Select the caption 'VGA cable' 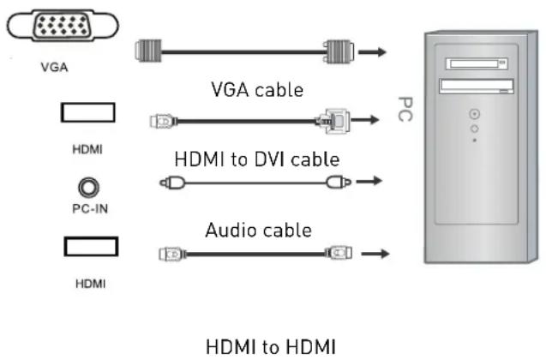(257, 89)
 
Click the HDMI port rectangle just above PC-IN (88, 115)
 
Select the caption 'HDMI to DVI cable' (257, 159)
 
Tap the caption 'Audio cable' (257, 230)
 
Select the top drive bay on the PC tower (477, 63)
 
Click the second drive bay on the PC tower (477, 86)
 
